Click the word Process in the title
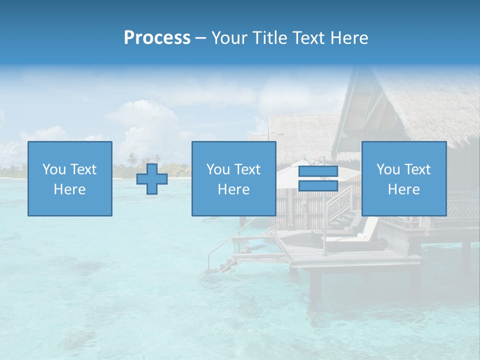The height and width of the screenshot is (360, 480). (157, 38)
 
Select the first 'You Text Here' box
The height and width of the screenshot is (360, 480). (70, 178)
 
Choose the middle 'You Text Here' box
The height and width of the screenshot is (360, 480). (233, 178)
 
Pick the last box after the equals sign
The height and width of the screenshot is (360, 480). (403, 178)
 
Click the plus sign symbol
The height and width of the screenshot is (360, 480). (152, 179)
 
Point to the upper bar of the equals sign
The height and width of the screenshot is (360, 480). (318, 171)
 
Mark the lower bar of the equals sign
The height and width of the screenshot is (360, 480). (318, 186)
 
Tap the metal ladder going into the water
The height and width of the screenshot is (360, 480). (220, 252)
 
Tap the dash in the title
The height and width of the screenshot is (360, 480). (200, 38)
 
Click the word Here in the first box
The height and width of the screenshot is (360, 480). (70, 189)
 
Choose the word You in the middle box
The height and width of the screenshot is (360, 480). (218, 169)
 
